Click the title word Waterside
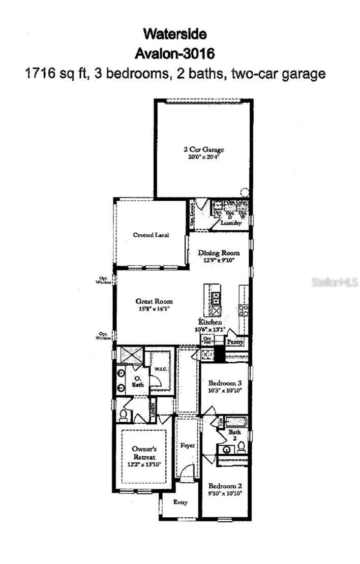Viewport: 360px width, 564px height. (x=175, y=35)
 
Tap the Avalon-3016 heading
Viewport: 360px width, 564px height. (x=175, y=53)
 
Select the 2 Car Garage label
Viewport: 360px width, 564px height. (x=204, y=150)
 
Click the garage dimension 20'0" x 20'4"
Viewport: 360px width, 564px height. (x=204, y=157)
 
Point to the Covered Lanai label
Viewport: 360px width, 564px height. (x=151, y=235)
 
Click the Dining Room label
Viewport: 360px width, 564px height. (x=219, y=253)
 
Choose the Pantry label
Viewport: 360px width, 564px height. (x=235, y=343)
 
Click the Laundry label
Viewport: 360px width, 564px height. (x=227, y=222)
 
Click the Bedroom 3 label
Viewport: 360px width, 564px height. (x=224, y=383)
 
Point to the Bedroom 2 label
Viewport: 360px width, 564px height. (x=224, y=485)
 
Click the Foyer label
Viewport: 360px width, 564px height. (x=188, y=446)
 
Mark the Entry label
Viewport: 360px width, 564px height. (x=181, y=502)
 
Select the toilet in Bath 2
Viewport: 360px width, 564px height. (x=242, y=447)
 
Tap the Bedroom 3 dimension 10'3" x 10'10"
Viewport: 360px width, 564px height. (x=224, y=390)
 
